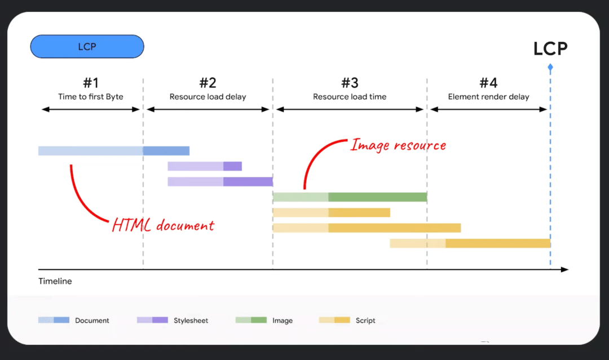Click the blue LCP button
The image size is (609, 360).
coord(87,47)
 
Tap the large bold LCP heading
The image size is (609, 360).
coord(550,48)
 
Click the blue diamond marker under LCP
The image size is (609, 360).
coord(550,68)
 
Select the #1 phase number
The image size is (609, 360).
coord(91,83)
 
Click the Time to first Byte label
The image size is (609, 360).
coord(91,97)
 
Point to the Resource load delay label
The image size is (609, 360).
coord(208,97)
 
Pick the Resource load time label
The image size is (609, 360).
coord(350,97)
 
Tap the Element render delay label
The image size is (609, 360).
coord(488,97)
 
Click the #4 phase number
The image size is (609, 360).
coord(488,83)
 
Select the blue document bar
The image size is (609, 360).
coord(113,150)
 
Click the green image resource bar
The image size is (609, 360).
coord(350,197)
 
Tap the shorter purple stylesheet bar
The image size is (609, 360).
coord(205,166)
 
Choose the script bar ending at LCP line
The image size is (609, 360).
coord(470,243)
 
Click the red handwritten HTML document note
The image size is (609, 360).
coord(163,226)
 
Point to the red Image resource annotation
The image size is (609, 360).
coord(398,145)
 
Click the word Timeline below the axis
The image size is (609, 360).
coord(55,281)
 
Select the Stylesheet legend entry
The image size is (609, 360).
coord(173,320)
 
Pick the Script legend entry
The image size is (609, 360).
coord(347,320)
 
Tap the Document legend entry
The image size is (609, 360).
coord(74,320)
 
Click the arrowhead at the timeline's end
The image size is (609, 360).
coord(565,270)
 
